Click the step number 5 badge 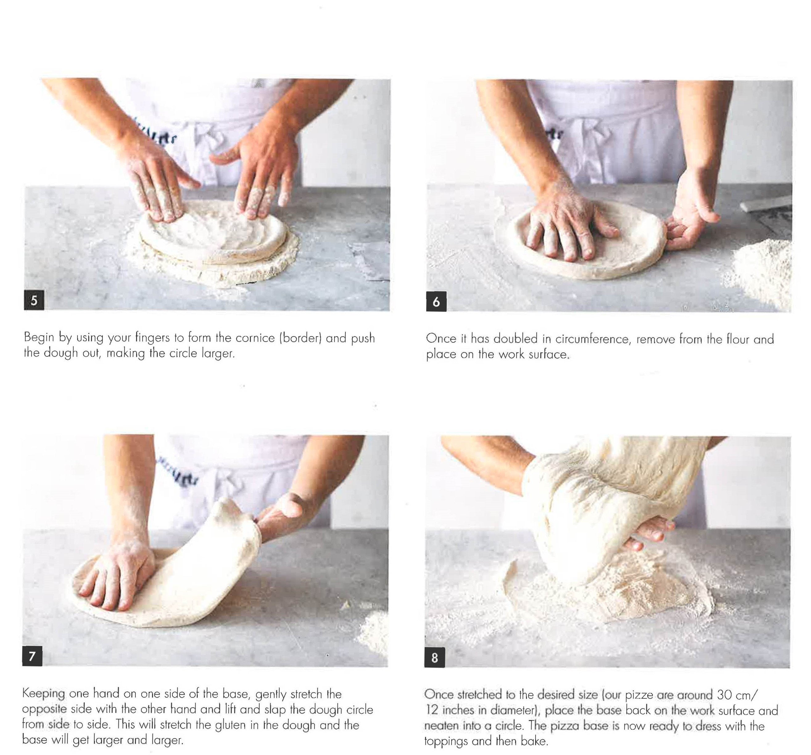[34, 301]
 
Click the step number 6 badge [436, 301]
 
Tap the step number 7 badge [32, 656]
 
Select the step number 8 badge [434, 658]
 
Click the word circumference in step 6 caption [592, 339]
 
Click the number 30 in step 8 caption [725, 694]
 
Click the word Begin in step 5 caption [39, 337]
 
